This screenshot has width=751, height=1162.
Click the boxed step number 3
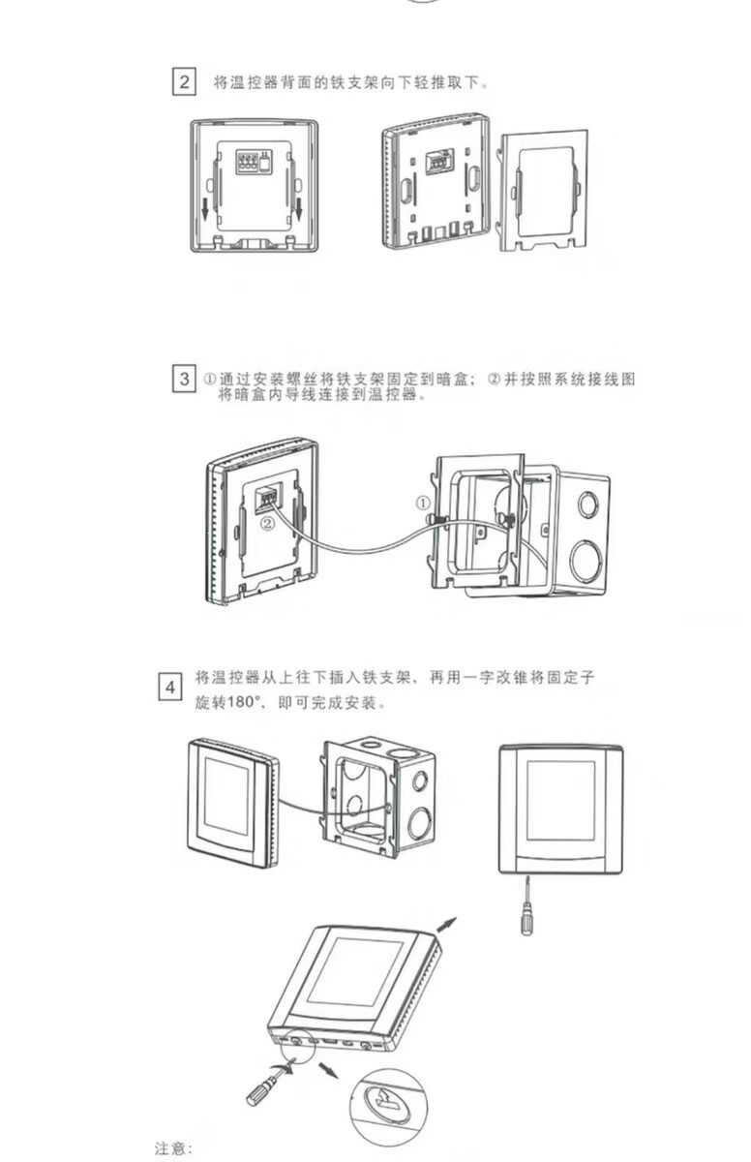click(x=184, y=378)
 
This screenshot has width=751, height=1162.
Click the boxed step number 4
click(x=169, y=688)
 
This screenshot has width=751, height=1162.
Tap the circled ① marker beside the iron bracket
click(x=422, y=503)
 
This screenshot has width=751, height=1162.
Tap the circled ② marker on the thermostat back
click(x=265, y=523)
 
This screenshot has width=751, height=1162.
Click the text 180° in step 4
click(x=245, y=703)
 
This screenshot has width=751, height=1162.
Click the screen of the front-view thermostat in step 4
click(x=560, y=799)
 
